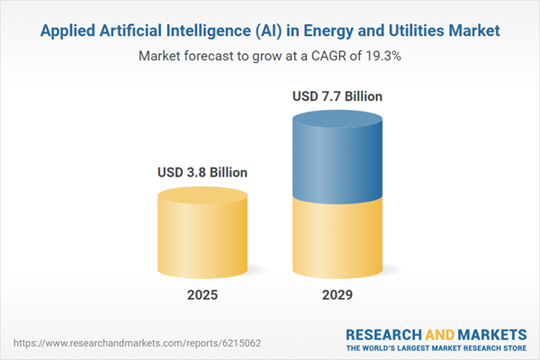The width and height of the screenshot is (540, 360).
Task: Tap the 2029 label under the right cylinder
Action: point(337,295)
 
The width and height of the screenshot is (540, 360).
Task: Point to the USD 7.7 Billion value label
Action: point(337,94)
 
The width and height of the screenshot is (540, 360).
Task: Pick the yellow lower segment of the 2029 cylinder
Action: point(337,238)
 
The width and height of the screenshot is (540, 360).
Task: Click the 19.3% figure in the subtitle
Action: point(382,56)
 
